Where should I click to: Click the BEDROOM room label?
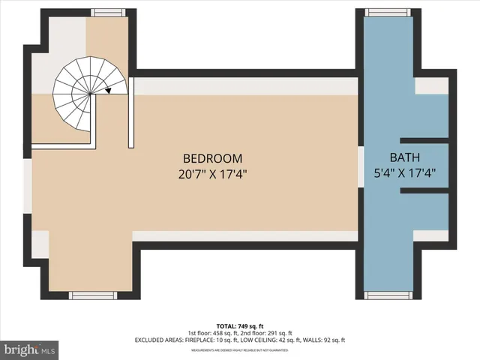(213, 158)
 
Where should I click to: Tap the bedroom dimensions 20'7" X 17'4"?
(213, 173)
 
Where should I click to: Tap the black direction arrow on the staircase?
(109, 91)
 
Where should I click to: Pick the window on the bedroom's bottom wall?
(93, 294)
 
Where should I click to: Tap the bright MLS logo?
(30, 349)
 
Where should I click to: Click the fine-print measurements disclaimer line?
(239, 349)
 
